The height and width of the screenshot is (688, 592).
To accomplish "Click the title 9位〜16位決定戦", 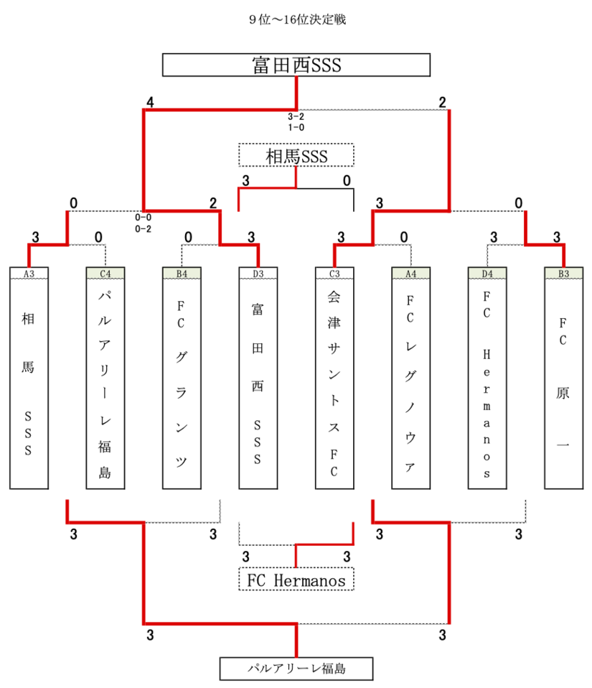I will pyautogui.click(x=296, y=20).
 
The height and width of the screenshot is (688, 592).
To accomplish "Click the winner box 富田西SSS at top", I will pyautogui.click(x=296, y=65).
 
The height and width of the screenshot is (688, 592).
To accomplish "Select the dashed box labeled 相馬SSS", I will pyautogui.click(x=296, y=155).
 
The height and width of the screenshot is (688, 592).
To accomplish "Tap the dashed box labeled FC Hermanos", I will pyautogui.click(x=296, y=580).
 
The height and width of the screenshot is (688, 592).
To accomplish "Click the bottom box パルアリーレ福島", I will pyautogui.click(x=296, y=669).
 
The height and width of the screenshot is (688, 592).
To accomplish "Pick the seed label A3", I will pyautogui.click(x=29, y=273).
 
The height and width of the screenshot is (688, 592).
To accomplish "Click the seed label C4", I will pyautogui.click(x=105, y=273).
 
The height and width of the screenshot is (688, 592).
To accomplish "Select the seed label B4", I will pyautogui.click(x=182, y=273).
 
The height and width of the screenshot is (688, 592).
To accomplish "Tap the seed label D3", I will pyautogui.click(x=258, y=273).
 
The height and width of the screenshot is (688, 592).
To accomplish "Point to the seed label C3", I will pyautogui.click(x=334, y=273).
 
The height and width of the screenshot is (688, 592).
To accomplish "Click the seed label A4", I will pyautogui.click(x=410, y=273).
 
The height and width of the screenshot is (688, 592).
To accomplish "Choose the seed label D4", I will pyautogui.click(x=487, y=273).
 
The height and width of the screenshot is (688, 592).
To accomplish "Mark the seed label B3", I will pyautogui.click(x=563, y=273).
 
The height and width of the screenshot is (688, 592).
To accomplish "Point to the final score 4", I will pyautogui.click(x=150, y=103).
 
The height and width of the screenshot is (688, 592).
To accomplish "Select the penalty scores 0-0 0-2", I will pyautogui.click(x=143, y=222).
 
